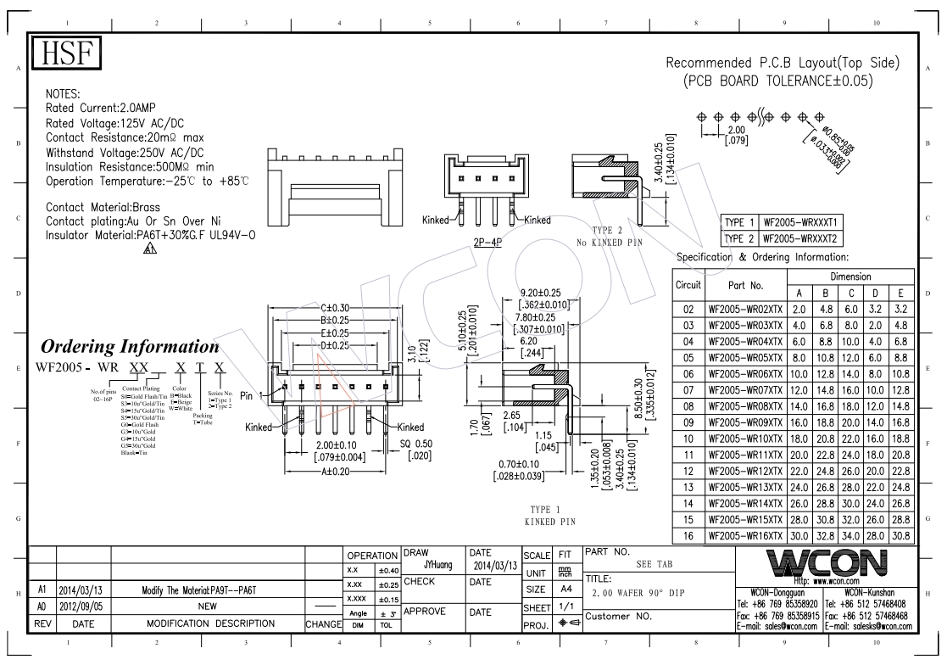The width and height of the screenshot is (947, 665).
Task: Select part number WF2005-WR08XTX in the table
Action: [746, 406]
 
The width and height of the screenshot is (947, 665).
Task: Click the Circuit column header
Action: [688, 286]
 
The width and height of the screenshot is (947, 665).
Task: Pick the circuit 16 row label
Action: [688, 536]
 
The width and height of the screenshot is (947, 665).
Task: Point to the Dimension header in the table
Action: [850, 277]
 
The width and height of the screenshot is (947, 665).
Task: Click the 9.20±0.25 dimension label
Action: [547, 293]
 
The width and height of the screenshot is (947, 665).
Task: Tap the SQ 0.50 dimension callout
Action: [416, 444]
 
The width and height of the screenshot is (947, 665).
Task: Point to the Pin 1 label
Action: [252, 395]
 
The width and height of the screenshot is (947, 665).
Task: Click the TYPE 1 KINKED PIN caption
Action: [551, 516]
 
